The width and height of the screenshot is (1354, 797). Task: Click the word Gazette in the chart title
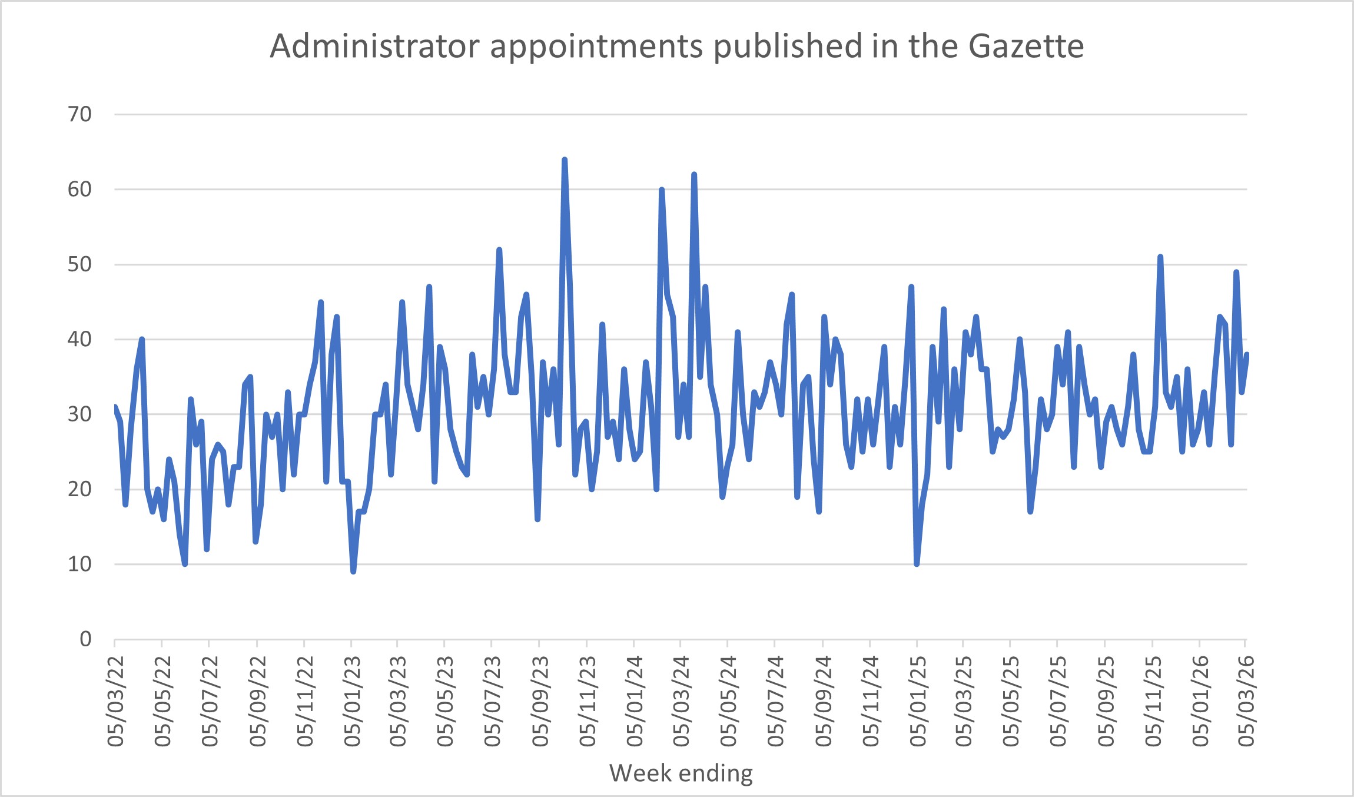tap(1026, 46)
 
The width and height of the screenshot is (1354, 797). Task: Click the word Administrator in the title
tap(374, 46)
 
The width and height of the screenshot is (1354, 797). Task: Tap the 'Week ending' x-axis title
tap(681, 773)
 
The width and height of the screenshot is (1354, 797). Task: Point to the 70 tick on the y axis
tap(80, 114)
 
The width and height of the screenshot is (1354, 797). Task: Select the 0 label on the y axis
tap(86, 639)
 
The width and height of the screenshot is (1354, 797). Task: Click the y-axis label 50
tap(80, 264)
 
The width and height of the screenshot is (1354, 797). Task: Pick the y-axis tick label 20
tap(80, 489)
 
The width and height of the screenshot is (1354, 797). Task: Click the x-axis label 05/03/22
tap(116, 701)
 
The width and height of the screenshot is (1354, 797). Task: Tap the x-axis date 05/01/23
tap(352, 701)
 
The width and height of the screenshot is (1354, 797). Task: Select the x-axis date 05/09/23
tap(540, 701)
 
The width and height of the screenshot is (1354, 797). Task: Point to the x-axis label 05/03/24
tap(681, 701)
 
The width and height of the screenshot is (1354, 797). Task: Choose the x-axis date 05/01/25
tap(918, 701)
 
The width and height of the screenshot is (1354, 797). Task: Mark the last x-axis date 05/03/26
tap(1246, 701)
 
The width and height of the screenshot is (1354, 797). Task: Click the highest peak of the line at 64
tap(565, 160)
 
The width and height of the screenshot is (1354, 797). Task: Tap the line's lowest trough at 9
tap(353, 572)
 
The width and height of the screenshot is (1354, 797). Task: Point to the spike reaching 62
tap(694, 174)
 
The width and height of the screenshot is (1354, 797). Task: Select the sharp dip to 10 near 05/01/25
tap(917, 564)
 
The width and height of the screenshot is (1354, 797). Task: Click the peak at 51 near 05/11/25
tap(1160, 257)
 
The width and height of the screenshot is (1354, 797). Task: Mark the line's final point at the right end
tap(1247, 354)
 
